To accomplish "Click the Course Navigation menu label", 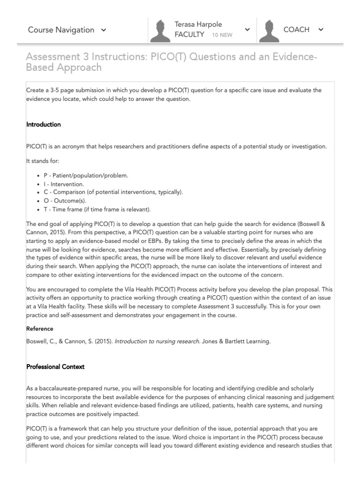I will (61, 30).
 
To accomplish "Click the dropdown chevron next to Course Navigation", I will (104, 30).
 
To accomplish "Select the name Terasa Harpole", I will (198, 24).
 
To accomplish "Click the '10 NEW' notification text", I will (221, 35).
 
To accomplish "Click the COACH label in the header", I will (296, 30).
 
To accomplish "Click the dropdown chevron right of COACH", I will (321, 30).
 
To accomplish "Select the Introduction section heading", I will (44, 125).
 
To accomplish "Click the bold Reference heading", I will (40, 329).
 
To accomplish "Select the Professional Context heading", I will (55, 367).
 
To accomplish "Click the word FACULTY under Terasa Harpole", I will (189, 35).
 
